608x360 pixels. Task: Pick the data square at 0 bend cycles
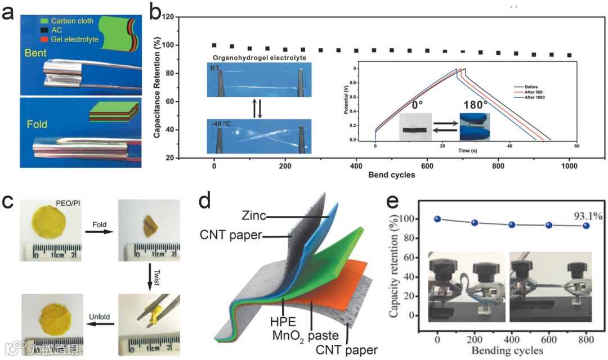(x=214, y=45)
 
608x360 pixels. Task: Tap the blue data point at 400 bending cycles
(x=511, y=224)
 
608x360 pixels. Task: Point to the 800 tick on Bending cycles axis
(x=585, y=340)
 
